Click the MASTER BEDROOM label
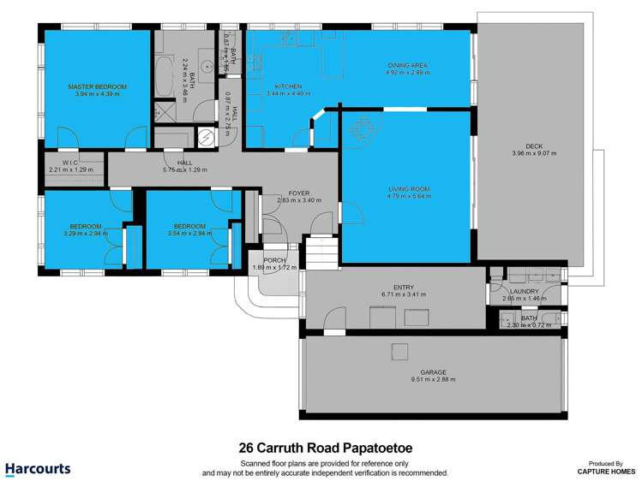click(x=98, y=86)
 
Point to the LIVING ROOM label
click(x=408, y=188)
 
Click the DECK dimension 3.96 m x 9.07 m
click(x=534, y=154)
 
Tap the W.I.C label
click(x=70, y=162)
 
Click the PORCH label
click(x=274, y=260)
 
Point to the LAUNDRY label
click(x=526, y=291)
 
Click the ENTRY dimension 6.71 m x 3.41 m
click(x=403, y=294)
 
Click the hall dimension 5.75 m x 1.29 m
click(x=184, y=169)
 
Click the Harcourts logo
click(x=38, y=468)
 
